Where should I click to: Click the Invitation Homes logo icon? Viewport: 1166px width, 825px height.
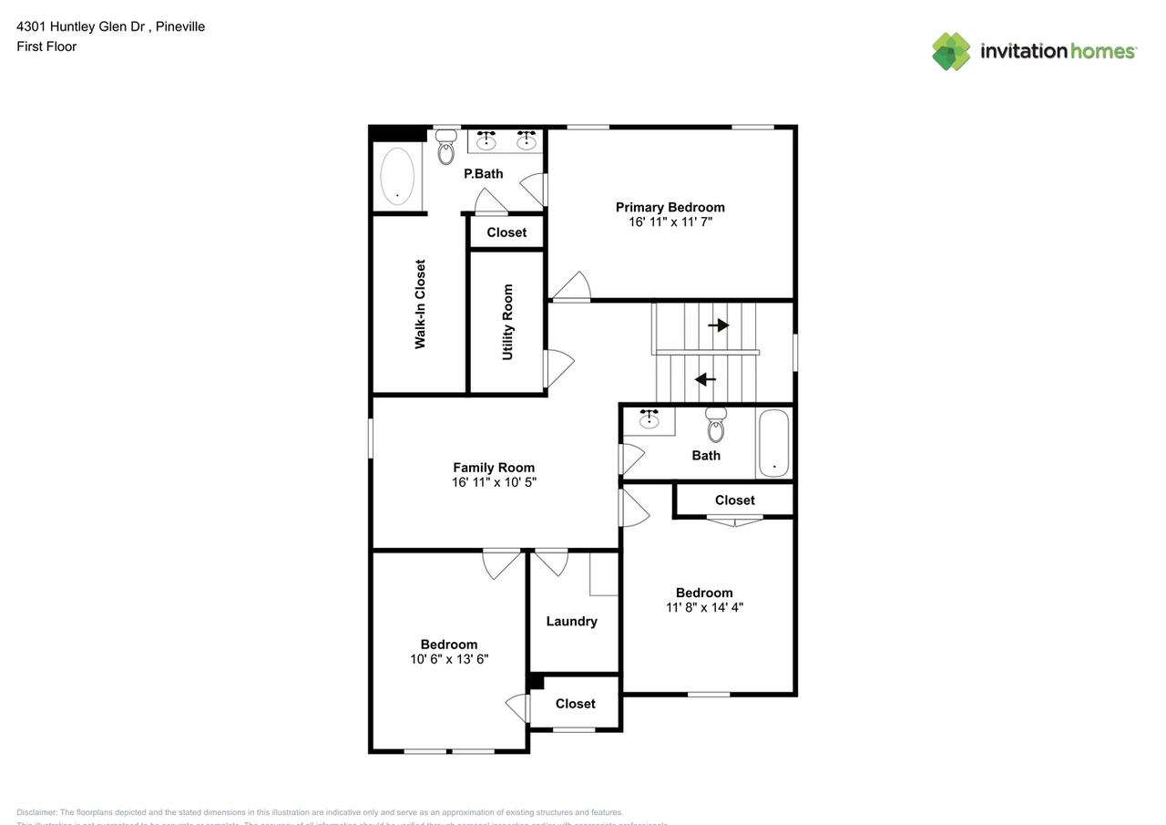pyautogui.click(x=951, y=51)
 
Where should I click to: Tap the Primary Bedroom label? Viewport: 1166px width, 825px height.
pyautogui.click(x=670, y=207)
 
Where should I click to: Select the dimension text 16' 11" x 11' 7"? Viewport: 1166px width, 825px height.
pyautogui.click(x=670, y=222)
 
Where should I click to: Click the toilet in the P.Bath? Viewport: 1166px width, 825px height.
pyautogui.click(x=445, y=148)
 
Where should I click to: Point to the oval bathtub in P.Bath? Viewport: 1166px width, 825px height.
pyautogui.click(x=397, y=175)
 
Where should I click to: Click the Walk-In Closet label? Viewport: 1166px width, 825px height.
pyautogui.click(x=420, y=304)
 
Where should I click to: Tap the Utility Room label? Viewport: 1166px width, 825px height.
pyautogui.click(x=507, y=322)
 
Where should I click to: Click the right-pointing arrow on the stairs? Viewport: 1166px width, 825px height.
pyautogui.click(x=719, y=325)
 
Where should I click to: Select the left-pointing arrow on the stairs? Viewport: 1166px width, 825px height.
pyautogui.click(x=705, y=379)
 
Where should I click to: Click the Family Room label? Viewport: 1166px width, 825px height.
pyautogui.click(x=494, y=468)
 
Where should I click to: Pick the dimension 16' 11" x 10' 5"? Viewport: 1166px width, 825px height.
pyautogui.click(x=494, y=482)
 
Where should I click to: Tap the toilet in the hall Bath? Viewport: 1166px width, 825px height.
pyautogui.click(x=716, y=425)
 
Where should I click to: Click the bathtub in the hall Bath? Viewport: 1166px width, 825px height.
pyautogui.click(x=773, y=443)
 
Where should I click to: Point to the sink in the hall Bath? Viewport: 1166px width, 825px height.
pyautogui.click(x=649, y=420)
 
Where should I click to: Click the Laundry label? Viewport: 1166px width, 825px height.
pyautogui.click(x=571, y=622)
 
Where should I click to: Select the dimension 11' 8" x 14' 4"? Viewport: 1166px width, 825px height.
pyautogui.click(x=704, y=607)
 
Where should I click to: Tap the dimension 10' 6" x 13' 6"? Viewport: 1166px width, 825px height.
pyautogui.click(x=449, y=659)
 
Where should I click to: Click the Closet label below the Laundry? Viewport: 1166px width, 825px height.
pyautogui.click(x=575, y=704)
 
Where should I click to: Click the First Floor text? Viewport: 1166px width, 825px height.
pyautogui.click(x=46, y=46)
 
